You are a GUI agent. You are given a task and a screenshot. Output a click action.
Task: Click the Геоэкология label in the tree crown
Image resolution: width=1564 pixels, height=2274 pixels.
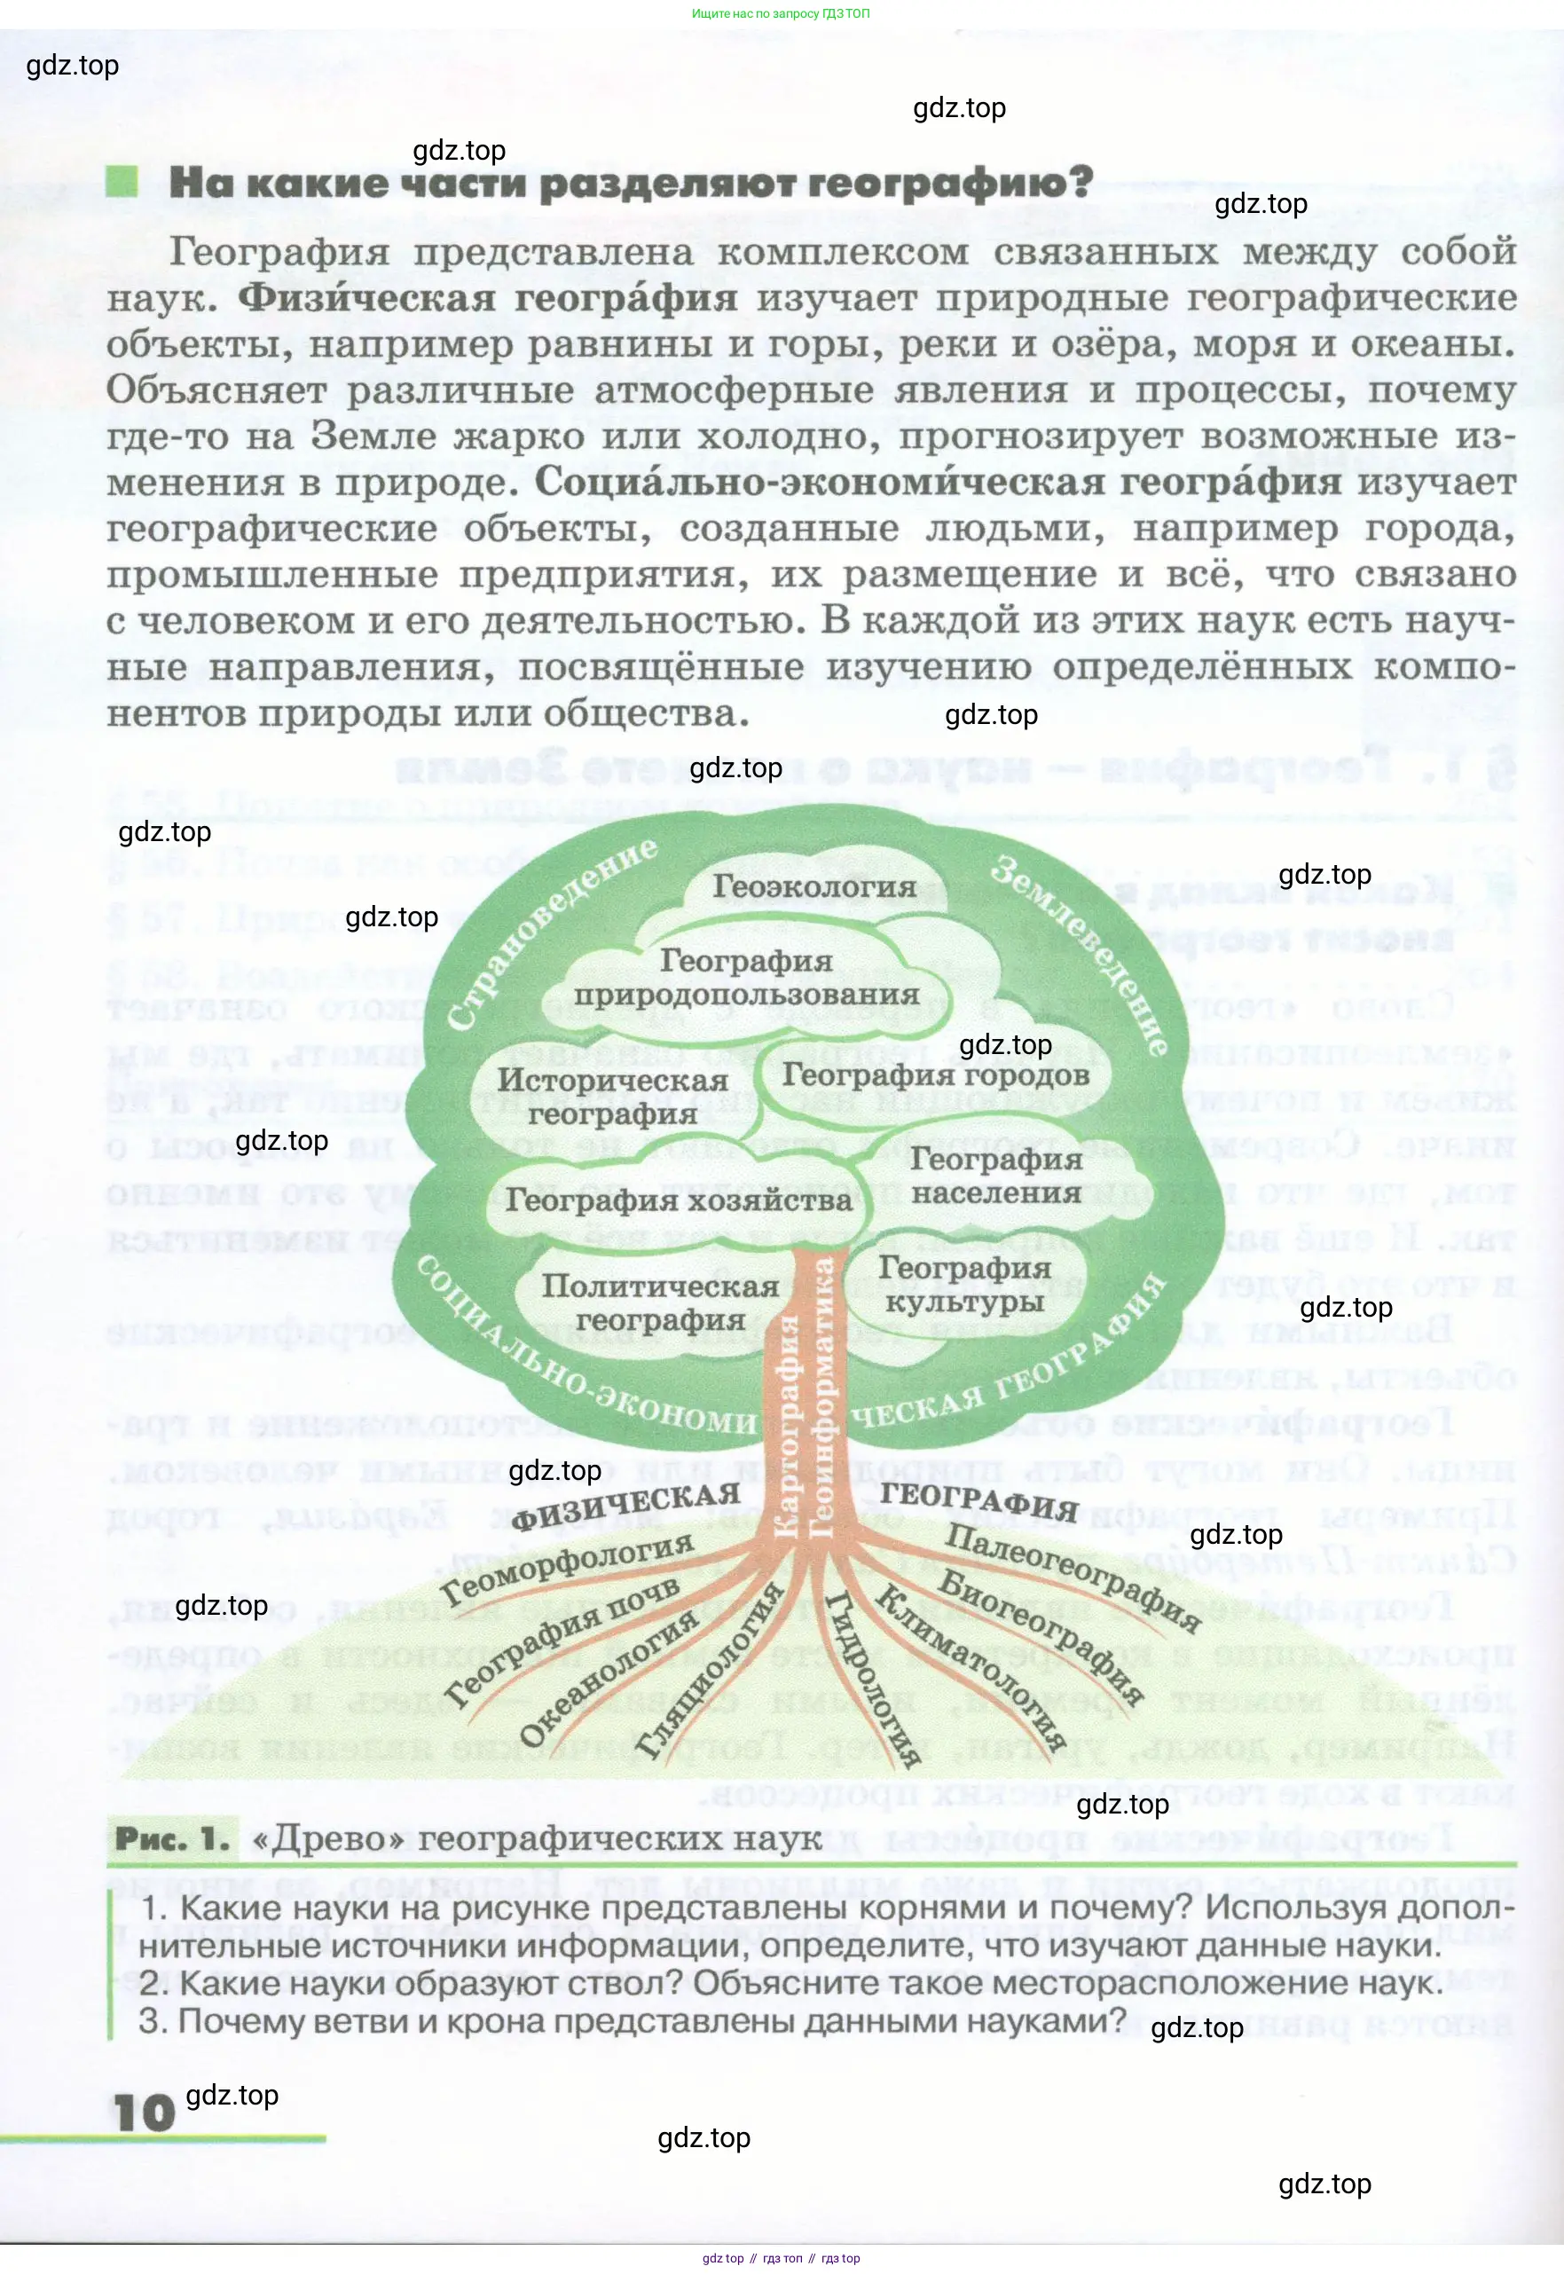813,886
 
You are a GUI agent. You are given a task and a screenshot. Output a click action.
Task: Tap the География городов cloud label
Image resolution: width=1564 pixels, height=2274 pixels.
935,1074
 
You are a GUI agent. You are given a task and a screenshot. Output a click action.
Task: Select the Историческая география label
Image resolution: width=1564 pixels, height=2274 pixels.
612,1096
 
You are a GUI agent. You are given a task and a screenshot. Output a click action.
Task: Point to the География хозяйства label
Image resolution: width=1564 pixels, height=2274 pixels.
678,1200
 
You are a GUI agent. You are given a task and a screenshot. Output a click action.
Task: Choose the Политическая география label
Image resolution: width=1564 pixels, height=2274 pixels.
659,1303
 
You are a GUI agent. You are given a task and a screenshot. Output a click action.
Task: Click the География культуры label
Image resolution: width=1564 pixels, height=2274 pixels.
964,1284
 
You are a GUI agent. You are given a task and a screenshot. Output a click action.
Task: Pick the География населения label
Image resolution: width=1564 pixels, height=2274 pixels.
995,1176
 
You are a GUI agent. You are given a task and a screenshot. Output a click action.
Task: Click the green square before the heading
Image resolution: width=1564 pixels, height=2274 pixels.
122,181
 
